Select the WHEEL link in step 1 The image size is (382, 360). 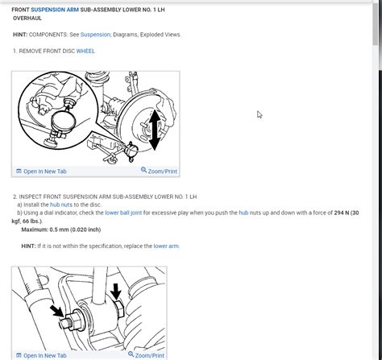85,51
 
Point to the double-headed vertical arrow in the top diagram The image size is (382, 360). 155,129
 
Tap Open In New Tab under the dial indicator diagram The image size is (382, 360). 41,172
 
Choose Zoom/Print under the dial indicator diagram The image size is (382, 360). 159,172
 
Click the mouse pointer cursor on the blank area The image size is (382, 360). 260,115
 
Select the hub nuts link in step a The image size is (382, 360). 61,205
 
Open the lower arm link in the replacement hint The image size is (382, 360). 166,246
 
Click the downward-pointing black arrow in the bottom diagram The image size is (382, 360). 115,292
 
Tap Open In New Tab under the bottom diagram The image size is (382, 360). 41,355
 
